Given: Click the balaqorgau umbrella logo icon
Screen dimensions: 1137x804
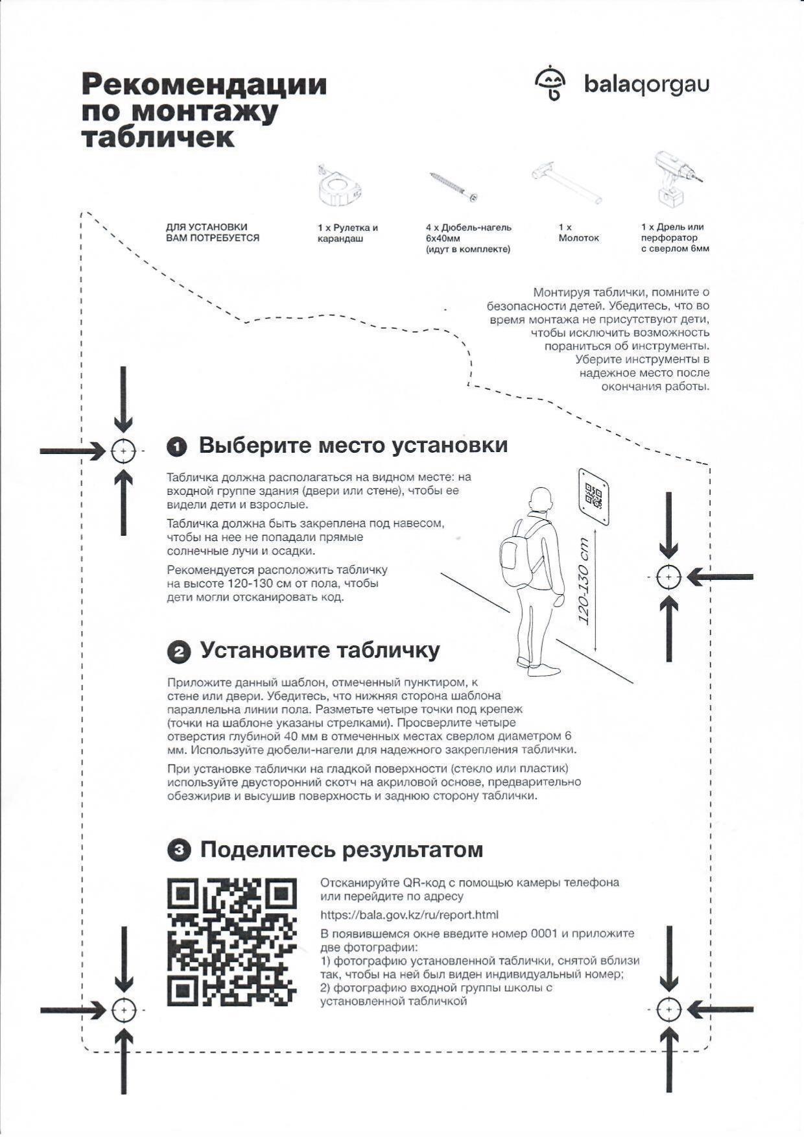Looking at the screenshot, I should (x=550, y=84).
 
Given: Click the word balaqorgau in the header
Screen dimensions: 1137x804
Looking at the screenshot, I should (x=646, y=84).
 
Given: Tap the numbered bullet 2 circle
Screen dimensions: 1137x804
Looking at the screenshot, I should (x=178, y=652).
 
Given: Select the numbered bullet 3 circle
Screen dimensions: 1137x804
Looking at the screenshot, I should (x=178, y=850).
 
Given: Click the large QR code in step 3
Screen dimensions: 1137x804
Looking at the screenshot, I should (x=231, y=942).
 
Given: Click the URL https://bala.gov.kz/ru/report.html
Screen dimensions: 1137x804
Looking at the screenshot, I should (x=409, y=915).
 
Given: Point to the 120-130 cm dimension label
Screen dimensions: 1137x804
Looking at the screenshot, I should (x=585, y=581).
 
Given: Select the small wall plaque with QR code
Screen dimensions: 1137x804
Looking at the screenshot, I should (x=593, y=497).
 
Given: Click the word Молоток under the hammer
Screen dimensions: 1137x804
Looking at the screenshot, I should (x=578, y=238).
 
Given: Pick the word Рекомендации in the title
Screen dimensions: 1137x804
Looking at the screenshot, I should (x=204, y=85).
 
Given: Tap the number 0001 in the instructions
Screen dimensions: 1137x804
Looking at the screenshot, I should (x=544, y=934).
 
